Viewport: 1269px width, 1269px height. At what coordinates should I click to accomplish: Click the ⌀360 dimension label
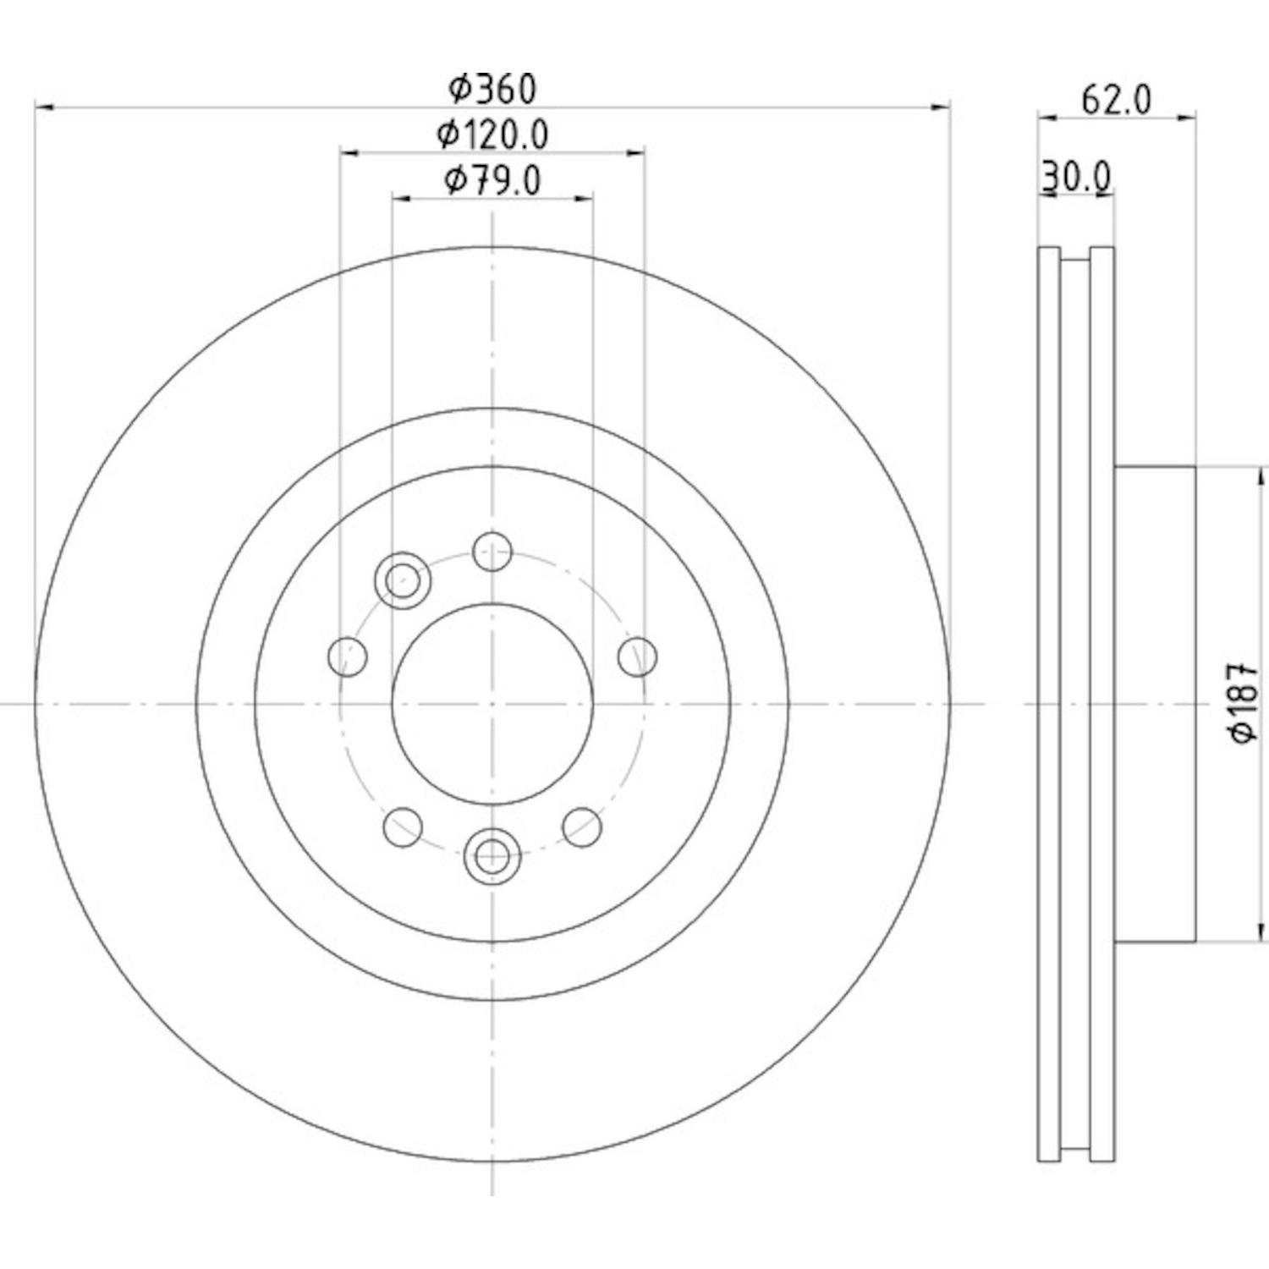[492, 87]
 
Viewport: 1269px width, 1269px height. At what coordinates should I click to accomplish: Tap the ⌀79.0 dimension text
[492, 179]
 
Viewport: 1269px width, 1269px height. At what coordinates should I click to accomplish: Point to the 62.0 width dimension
[1117, 101]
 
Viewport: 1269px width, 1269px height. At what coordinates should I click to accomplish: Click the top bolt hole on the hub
[492, 552]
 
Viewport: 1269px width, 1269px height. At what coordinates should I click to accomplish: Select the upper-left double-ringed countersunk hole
[403, 580]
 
